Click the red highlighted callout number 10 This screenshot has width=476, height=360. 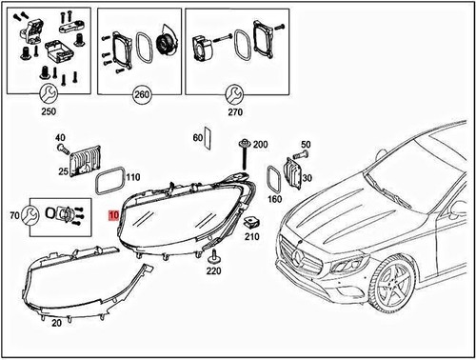[x=115, y=216]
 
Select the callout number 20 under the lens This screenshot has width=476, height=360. [x=56, y=323]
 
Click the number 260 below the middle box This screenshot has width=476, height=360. [x=142, y=95]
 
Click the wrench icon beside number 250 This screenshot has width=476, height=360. [x=44, y=92]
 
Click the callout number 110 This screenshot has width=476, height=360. [x=132, y=177]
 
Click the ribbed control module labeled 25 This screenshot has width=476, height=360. [x=87, y=162]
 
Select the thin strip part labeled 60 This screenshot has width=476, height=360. [x=210, y=139]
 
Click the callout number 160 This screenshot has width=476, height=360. [x=276, y=200]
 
